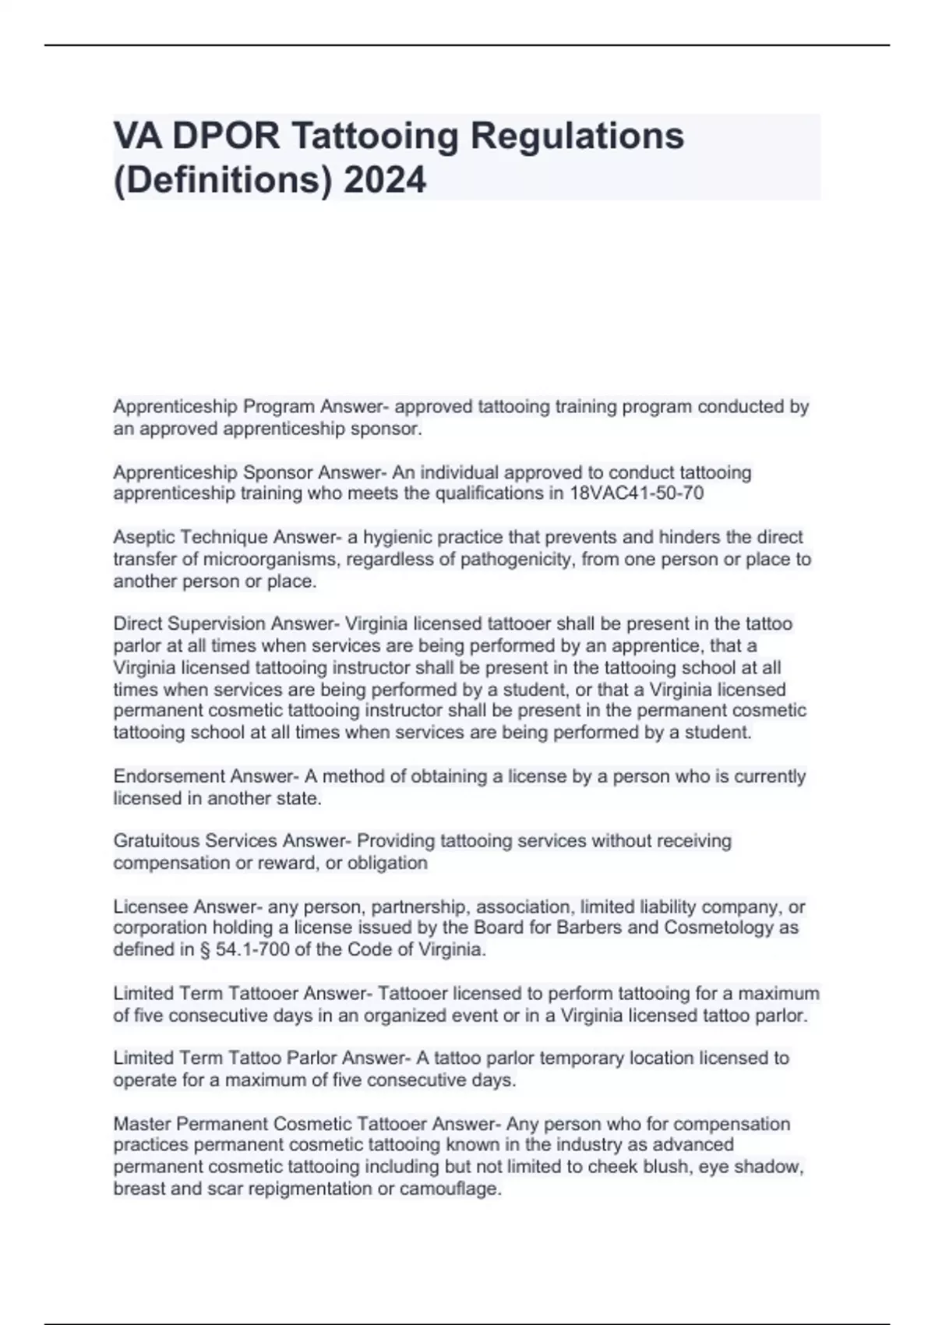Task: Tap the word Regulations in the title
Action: point(577,136)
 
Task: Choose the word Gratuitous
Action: point(153,841)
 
